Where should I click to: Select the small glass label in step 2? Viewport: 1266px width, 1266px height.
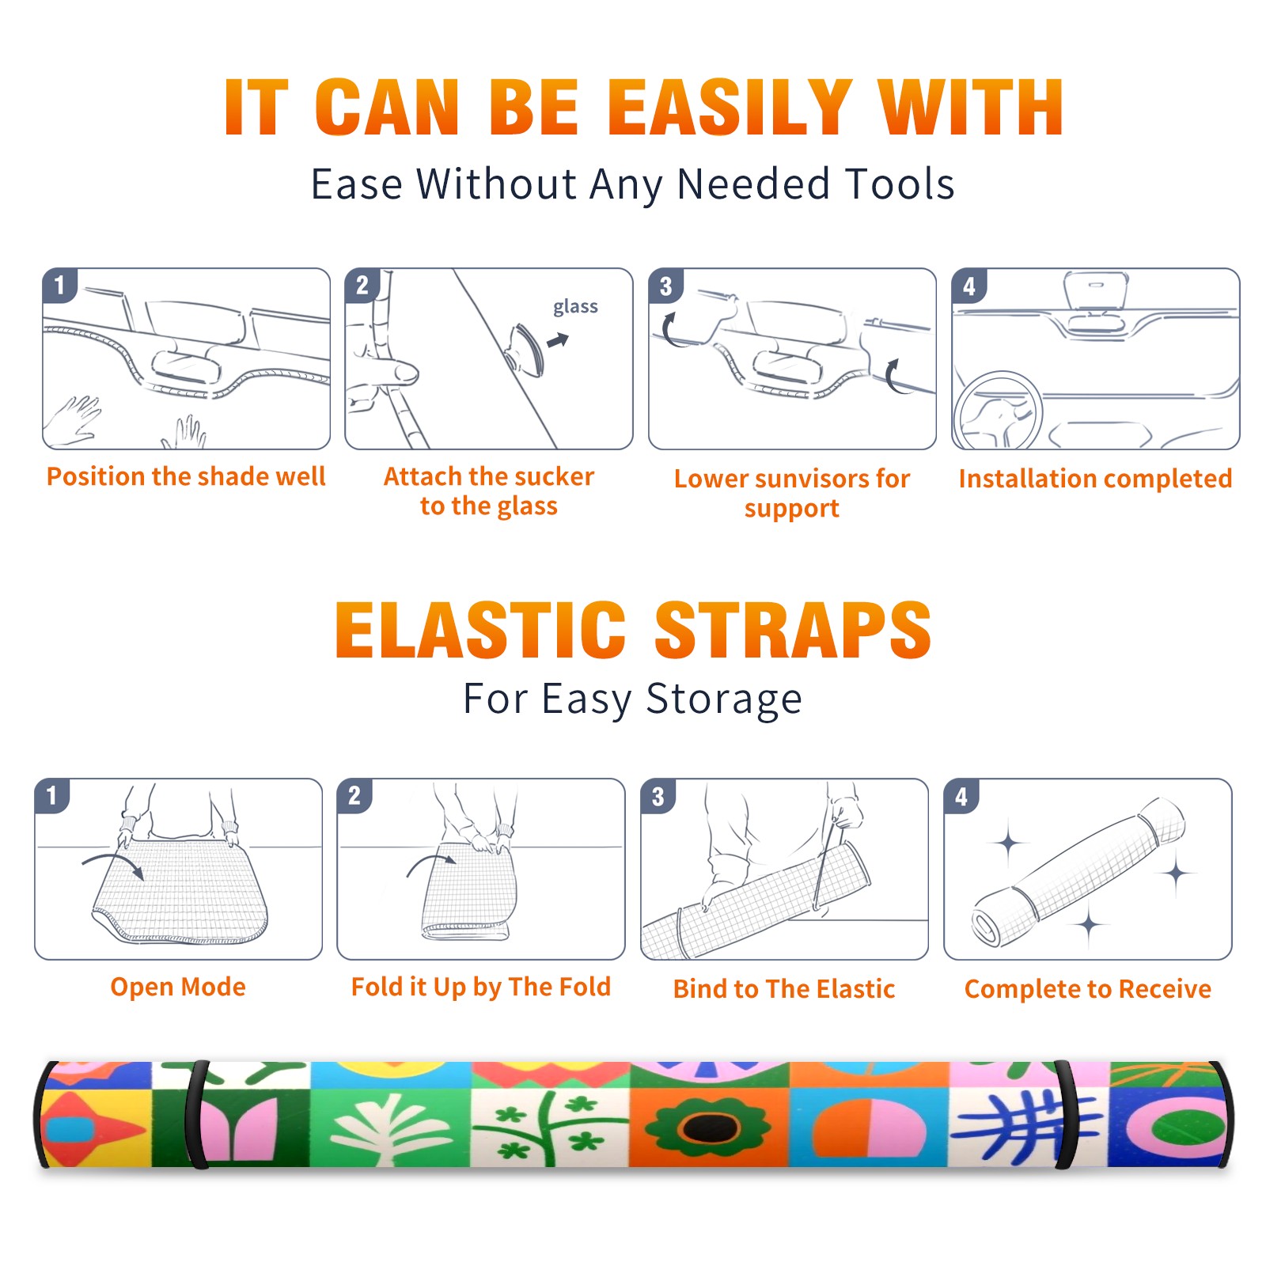tap(575, 307)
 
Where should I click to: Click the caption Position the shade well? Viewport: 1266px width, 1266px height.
tap(186, 476)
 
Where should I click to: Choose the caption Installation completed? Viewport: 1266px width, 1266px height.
tap(1095, 479)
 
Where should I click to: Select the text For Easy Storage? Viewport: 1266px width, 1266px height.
tap(633, 699)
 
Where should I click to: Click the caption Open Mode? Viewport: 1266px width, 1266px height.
tap(178, 987)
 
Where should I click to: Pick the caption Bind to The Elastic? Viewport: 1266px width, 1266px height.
tap(784, 989)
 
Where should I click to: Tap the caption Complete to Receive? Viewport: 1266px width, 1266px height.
tap(1088, 989)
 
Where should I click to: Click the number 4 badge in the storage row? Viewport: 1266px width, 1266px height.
tap(961, 796)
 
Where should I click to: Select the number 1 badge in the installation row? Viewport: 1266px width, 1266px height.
tap(60, 285)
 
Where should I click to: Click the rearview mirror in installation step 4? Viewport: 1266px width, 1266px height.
tap(1095, 290)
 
